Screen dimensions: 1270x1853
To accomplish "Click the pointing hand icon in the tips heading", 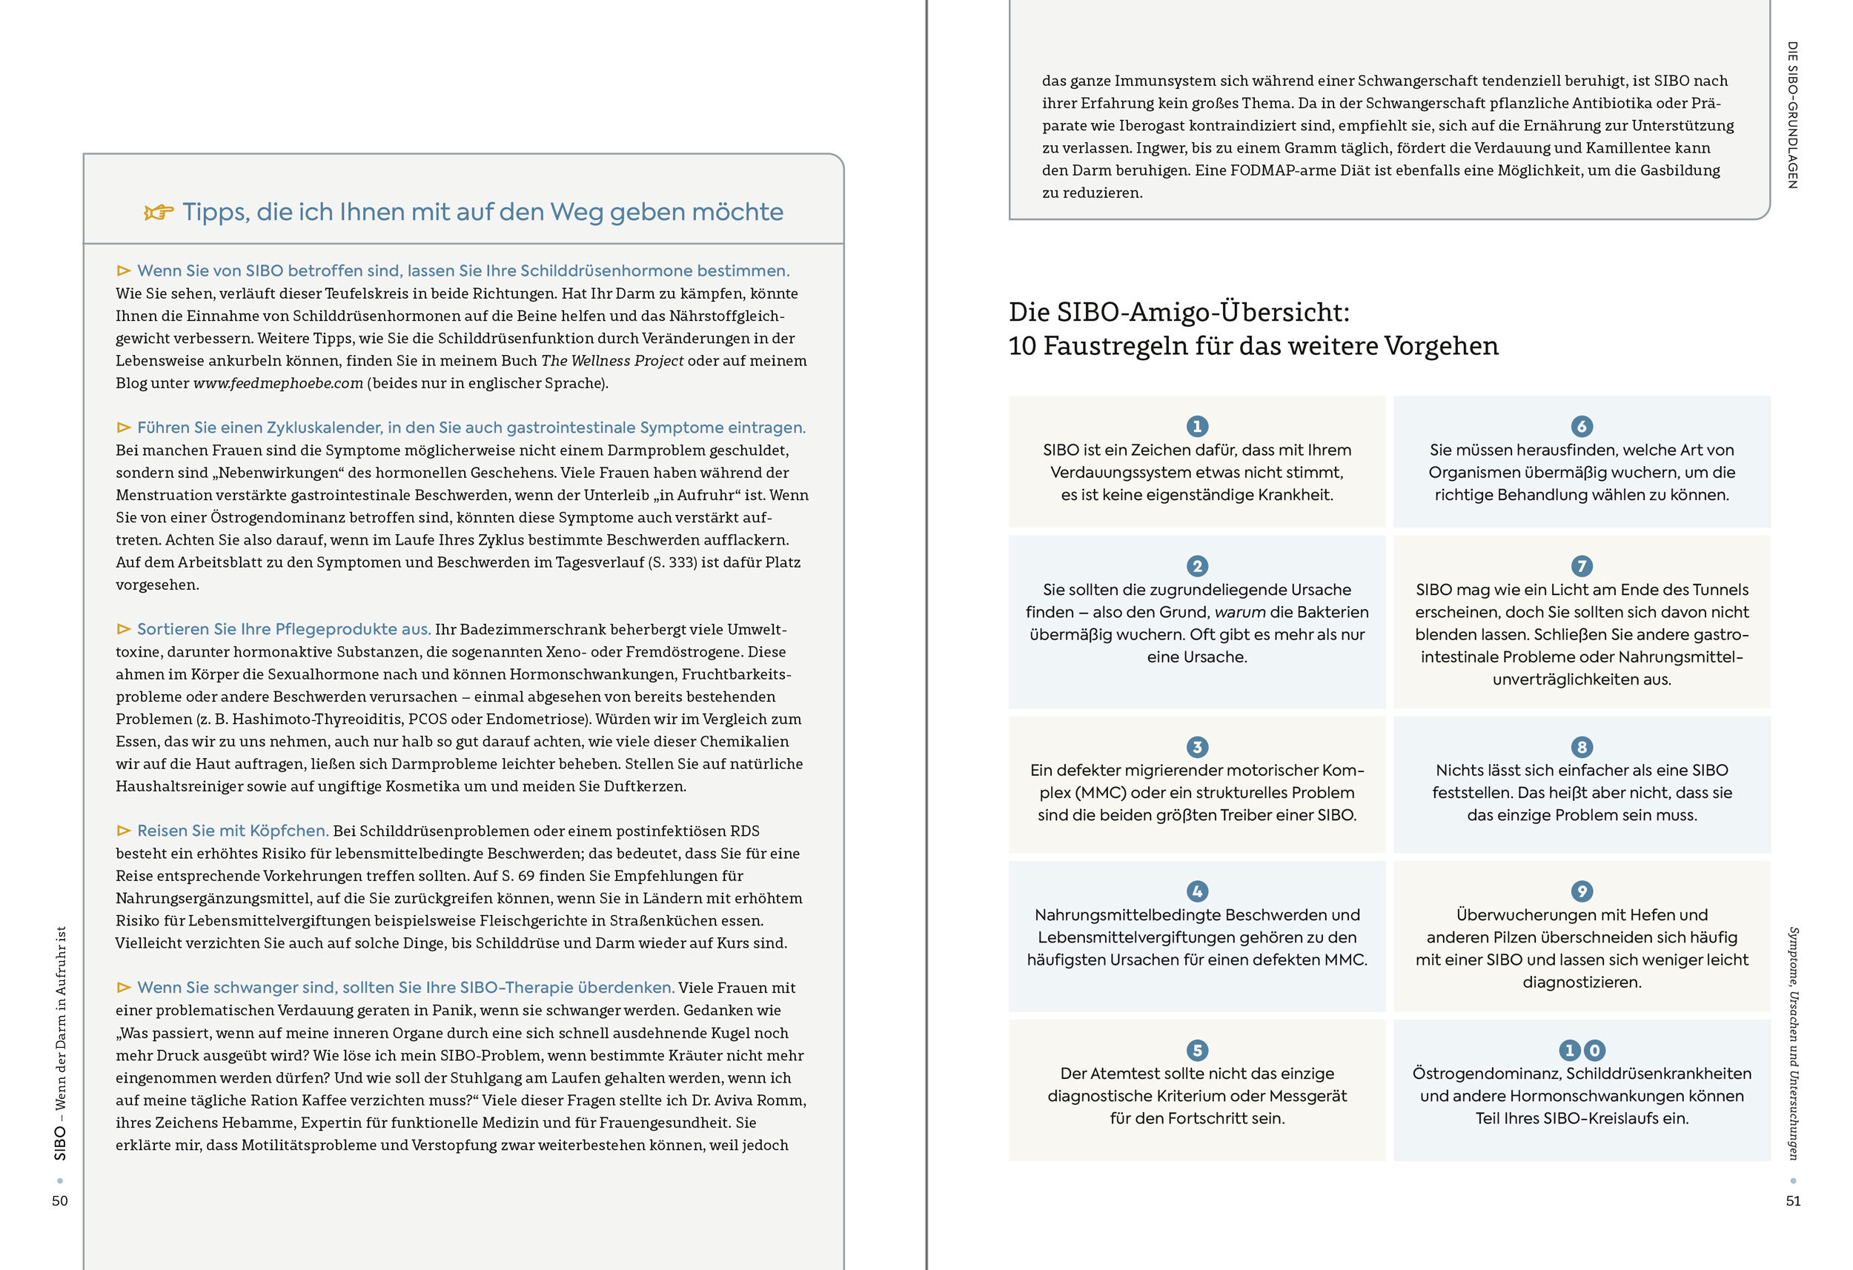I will (x=159, y=212).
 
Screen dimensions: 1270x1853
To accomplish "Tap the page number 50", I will (x=60, y=1200).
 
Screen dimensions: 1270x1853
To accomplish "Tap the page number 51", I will (x=1793, y=1200).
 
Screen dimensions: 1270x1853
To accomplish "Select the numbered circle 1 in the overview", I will (x=1197, y=427).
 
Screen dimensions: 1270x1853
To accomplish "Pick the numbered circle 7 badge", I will (x=1582, y=566).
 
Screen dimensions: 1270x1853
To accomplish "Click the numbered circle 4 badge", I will (x=1197, y=891).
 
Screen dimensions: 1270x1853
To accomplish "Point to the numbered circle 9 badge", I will (x=1582, y=891).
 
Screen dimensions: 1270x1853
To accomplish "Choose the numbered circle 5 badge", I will (x=1197, y=1050).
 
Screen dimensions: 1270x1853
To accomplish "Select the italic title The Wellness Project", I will (x=611, y=361).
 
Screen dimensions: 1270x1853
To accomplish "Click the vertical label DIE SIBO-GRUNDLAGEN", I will (x=1792, y=115).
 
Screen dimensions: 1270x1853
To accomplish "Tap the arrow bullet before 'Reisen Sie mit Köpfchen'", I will (x=124, y=831).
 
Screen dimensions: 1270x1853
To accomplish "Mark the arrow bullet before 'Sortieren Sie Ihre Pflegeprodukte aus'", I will (x=124, y=629).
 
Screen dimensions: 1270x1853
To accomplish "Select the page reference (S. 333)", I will (x=672, y=562).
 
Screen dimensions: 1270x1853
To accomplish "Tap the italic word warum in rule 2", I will (x=1240, y=612).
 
